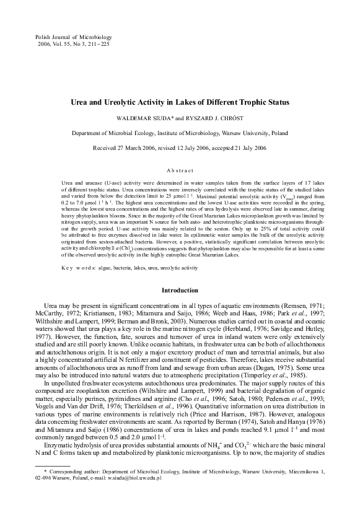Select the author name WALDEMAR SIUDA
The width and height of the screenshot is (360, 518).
coord(154,117)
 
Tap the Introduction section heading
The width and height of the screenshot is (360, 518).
coord(180,291)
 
